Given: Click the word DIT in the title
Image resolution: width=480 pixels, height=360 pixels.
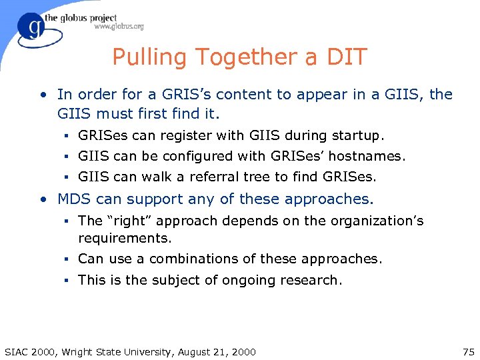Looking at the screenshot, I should click(345, 57).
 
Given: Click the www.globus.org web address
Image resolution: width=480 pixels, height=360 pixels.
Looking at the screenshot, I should click(119, 27).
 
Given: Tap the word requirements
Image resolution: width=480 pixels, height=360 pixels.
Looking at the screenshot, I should click(123, 238).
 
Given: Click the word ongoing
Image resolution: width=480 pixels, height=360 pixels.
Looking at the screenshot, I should click(251, 280).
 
